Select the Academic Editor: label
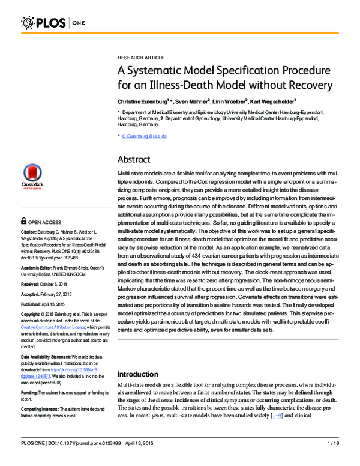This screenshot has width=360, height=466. [41, 267]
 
